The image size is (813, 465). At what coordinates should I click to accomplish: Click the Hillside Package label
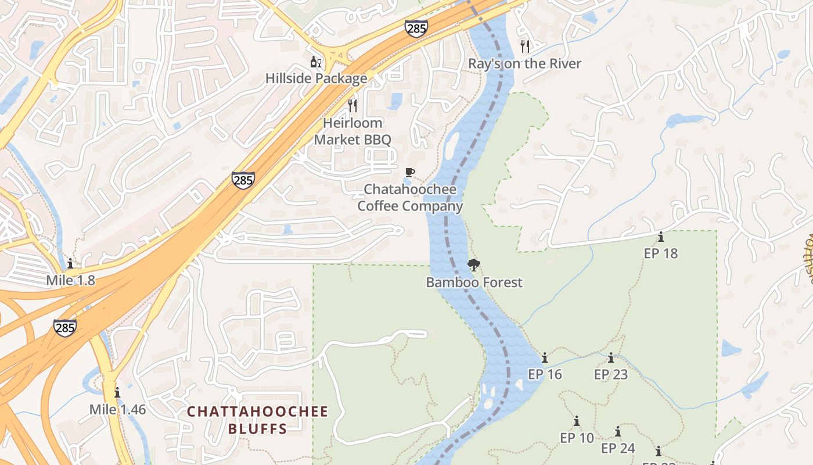316,78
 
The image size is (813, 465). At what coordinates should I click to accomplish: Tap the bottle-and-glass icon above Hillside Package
316,62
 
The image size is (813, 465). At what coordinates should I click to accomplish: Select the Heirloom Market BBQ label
352,131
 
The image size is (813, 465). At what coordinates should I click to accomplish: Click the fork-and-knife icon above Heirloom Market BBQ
352,105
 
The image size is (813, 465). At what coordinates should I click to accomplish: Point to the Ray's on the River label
524,63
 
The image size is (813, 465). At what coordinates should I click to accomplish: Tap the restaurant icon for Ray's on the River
525,46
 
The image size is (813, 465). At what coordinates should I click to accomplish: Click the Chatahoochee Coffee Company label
410,198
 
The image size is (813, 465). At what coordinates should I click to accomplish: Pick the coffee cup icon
410,172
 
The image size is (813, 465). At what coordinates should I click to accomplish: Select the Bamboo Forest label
474,282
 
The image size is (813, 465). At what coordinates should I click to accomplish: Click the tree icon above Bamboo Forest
474,266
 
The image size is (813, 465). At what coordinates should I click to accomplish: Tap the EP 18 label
661,253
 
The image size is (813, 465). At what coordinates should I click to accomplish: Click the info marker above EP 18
661,237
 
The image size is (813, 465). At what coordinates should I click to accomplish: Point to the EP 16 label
545,374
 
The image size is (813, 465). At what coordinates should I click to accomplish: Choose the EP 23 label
611,374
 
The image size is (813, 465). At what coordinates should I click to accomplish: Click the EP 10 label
577,438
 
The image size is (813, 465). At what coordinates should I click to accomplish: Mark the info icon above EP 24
618,432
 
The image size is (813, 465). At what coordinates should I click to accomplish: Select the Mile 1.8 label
70,281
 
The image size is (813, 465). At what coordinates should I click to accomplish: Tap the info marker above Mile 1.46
117,392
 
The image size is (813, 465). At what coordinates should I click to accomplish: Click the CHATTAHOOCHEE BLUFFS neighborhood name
257,420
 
